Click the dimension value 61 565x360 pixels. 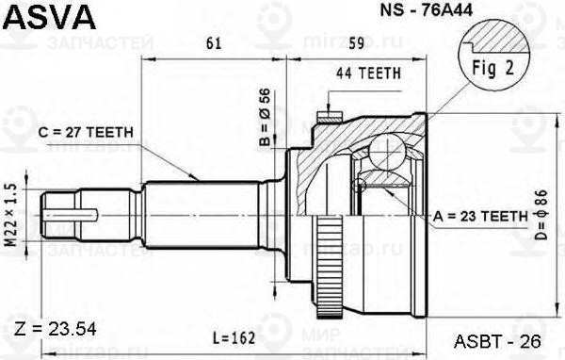pyautogui.click(x=214, y=42)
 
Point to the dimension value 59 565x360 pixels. pyautogui.click(x=356, y=42)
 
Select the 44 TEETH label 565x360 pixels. pyautogui.click(x=369, y=73)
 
